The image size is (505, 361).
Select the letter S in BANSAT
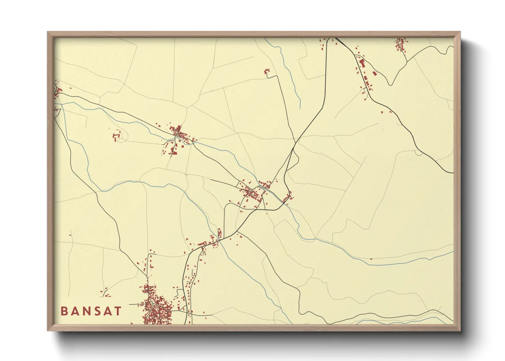click(x=101, y=311)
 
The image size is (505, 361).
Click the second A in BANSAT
click(x=109, y=311)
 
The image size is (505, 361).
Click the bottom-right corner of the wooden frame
click(x=460, y=330)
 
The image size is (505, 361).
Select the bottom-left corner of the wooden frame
click(x=48, y=330)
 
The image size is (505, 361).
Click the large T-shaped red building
click(x=361, y=63)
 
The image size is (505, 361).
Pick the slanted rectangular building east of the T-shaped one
click(x=374, y=73)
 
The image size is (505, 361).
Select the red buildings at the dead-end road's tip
click(x=267, y=71)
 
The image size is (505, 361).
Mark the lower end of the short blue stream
click(x=300, y=108)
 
